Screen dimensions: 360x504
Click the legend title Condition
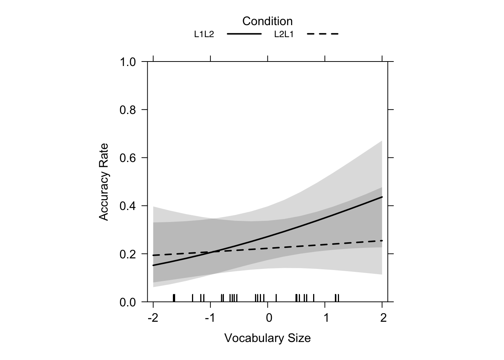(267, 21)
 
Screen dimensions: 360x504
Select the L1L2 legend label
(204, 34)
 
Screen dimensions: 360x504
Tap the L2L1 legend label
(284, 34)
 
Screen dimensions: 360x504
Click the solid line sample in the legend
(244, 34)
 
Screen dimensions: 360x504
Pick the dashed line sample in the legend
(323, 34)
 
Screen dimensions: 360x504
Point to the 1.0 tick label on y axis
(127, 62)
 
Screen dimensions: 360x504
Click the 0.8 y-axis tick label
(127, 110)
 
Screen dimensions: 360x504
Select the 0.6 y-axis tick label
(127, 158)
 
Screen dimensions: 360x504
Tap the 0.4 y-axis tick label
(127, 206)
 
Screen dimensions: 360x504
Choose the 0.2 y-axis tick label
(127, 254)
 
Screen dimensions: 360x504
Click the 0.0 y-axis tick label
(127, 302)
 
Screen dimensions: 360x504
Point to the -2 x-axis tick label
(153, 318)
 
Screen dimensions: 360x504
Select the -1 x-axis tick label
(210, 318)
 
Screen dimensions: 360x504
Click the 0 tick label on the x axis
(268, 318)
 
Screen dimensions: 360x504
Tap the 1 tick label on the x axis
(326, 318)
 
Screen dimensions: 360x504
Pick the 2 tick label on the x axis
(383, 318)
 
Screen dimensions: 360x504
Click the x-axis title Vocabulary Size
(267, 338)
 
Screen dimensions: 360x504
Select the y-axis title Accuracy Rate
(103, 182)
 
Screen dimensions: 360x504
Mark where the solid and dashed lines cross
(213, 252)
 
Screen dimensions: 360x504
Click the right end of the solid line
(382, 197)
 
